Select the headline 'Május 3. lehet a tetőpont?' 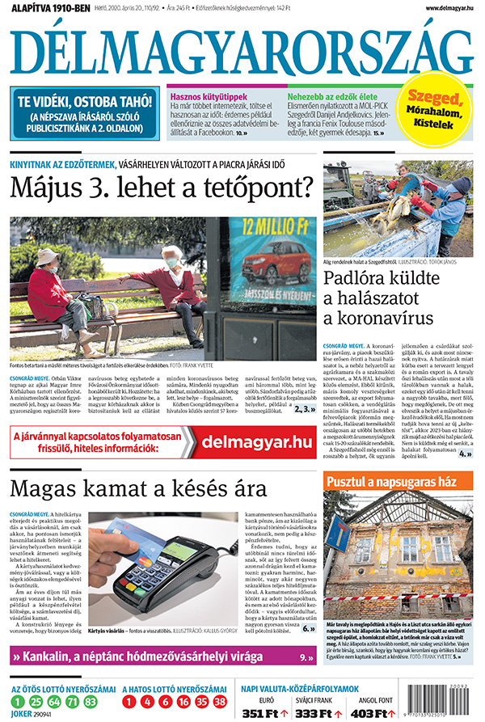[161, 189]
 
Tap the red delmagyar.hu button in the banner [256, 441]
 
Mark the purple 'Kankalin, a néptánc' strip [162, 658]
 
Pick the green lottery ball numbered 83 [93, 700]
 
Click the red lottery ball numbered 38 [221, 700]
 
